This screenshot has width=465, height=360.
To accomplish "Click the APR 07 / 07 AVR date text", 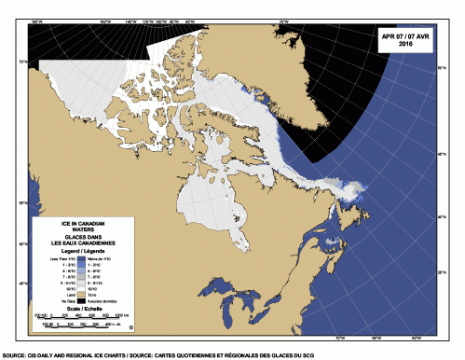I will click(x=406, y=35).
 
